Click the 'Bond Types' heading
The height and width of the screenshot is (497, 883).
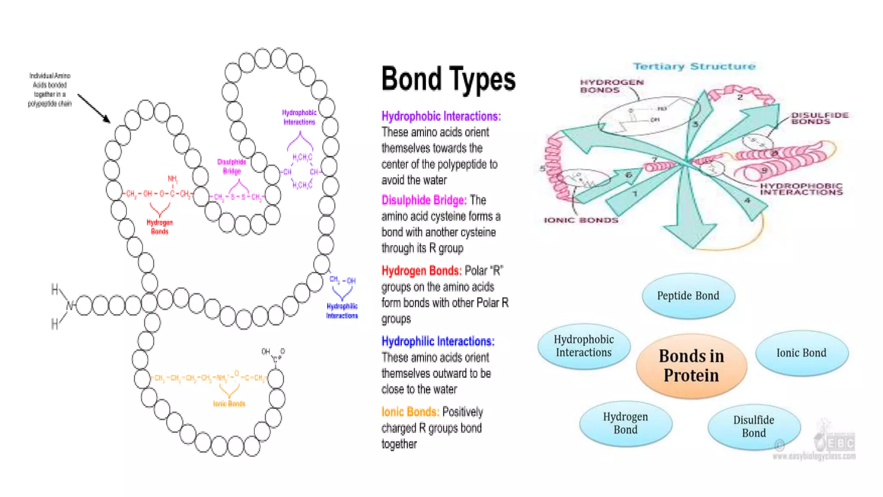coord(448,79)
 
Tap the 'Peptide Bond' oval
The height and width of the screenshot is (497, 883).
coord(688,296)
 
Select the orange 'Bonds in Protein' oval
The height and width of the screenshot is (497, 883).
coord(691,365)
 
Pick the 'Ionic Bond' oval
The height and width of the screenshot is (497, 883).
coord(801,353)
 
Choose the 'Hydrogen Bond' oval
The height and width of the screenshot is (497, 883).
coord(625,423)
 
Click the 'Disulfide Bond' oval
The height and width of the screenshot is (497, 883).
coord(754,426)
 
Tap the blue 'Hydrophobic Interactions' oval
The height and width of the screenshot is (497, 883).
coord(583,346)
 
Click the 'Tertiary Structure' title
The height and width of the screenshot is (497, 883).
coord(694,66)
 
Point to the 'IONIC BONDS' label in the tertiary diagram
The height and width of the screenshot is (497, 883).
coord(581,220)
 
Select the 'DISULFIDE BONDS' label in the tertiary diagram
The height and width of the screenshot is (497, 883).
coord(819,118)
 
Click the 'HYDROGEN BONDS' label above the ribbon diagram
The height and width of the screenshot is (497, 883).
coord(611,86)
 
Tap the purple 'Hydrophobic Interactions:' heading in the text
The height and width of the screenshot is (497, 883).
coord(441,116)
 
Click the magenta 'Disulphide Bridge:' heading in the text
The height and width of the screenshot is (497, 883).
coord(424,200)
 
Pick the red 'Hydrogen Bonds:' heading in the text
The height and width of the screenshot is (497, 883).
coord(421,271)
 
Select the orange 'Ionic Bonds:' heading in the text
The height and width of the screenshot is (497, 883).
coord(410,412)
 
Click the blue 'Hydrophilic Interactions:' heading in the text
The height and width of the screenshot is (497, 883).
coord(438,341)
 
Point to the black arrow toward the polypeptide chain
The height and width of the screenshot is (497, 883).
coord(94,108)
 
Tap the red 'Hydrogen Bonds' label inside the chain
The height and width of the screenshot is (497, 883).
coord(160,227)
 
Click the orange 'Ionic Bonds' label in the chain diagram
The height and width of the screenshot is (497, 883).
coord(229,404)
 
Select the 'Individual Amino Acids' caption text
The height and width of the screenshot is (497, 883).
coord(50,90)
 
